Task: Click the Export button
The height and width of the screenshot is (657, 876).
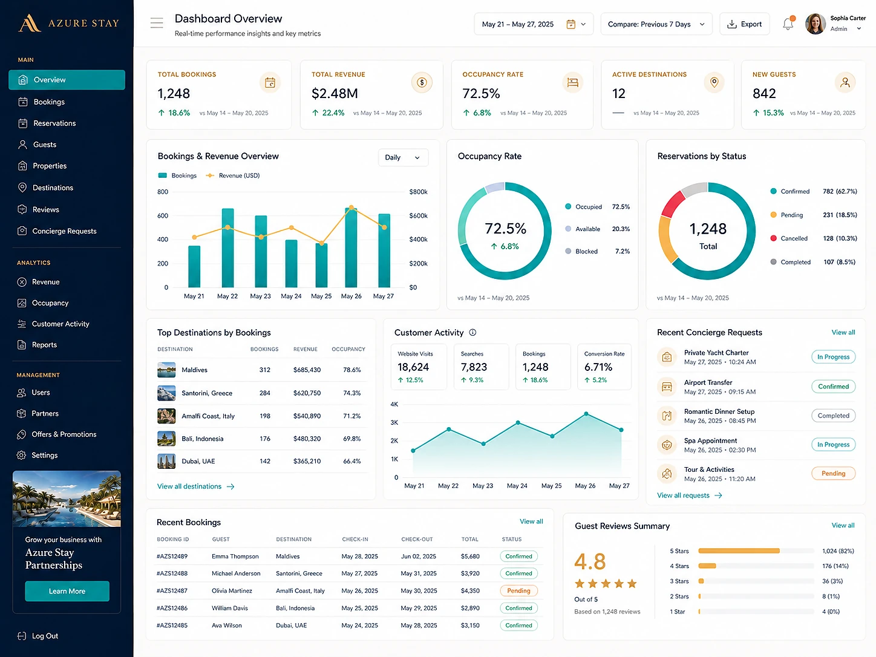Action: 744,24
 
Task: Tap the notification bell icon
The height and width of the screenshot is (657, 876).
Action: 788,24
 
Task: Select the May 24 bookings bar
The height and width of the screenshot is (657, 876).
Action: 291,263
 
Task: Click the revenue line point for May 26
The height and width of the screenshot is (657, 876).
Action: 351,208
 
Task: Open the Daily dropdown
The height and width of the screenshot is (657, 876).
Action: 403,157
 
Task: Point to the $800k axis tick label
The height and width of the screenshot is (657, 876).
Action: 418,192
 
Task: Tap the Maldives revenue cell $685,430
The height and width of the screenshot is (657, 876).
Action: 307,370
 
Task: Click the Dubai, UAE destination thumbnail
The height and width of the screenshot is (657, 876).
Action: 166,461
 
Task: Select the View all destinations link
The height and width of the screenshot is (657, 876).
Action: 195,486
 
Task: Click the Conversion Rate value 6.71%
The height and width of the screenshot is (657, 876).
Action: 598,367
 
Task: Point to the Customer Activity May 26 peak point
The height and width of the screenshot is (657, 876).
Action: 586,414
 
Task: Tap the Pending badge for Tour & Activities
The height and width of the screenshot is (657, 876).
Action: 833,473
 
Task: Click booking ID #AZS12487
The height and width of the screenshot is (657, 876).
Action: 172,590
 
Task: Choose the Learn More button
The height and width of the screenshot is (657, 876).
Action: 67,591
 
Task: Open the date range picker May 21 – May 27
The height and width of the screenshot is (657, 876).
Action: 534,24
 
